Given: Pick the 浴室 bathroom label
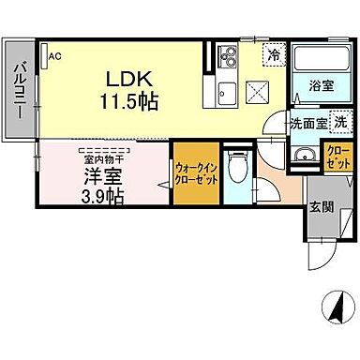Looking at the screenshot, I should [322, 84].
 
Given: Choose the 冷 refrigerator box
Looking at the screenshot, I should [275, 55].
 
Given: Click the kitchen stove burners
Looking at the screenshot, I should [226, 59].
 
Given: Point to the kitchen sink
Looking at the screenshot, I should [227, 93].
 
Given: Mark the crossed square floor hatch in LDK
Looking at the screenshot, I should [259, 92].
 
